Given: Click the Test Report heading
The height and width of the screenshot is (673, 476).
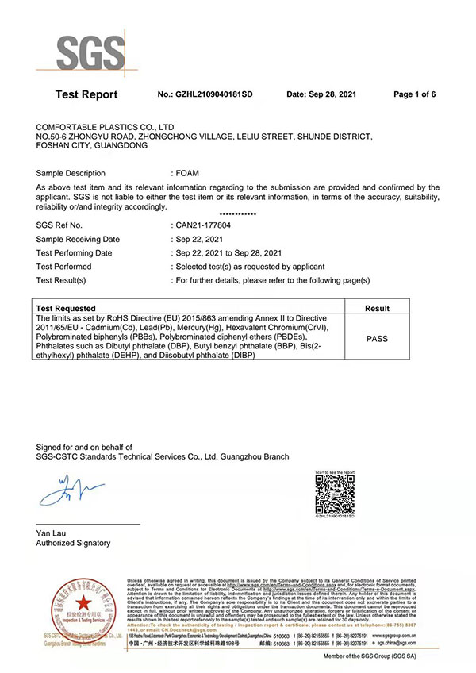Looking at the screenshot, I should (86, 94).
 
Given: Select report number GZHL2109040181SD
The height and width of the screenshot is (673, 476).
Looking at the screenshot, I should (205, 94).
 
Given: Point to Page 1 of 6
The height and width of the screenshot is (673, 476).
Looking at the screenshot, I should (414, 94).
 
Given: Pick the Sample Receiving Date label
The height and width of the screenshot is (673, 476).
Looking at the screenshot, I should (78, 239).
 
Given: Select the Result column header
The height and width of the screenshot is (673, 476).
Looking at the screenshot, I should (377, 308).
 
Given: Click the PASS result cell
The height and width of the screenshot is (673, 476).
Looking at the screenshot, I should (377, 337).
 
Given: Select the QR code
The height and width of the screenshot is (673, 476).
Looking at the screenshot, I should (333, 494).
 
